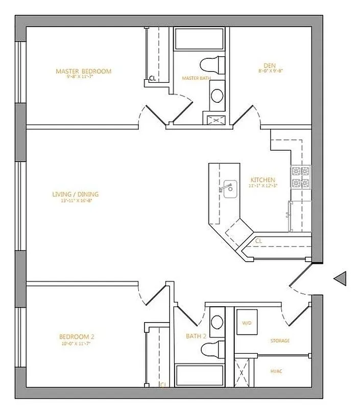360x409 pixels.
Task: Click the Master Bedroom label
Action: (x=83, y=71)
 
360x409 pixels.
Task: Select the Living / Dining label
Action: (x=75, y=194)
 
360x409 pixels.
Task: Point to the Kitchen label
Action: (x=262, y=180)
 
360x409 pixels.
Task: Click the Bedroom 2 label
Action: (x=77, y=337)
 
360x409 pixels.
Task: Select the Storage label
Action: (x=280, y=340)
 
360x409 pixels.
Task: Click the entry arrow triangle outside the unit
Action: (x=340, y=278)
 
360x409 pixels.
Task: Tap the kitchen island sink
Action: (x=228, y=188)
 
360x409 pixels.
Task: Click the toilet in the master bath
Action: (x=212, y=65)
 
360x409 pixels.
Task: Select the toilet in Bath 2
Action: (x=212, y=350)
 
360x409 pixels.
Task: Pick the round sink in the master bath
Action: (x=217, y=96)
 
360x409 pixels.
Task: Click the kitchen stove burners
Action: (x=301, y=177)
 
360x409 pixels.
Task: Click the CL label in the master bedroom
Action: (x=152, y=79)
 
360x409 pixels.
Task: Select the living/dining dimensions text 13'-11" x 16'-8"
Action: (x=75, y=201)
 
